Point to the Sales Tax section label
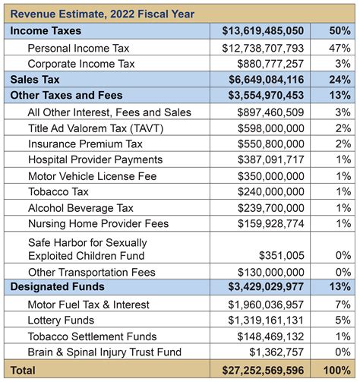click(x=36, y=79)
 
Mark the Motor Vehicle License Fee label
click(x=92, y=175)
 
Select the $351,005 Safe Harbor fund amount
click(x=285, y=256)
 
